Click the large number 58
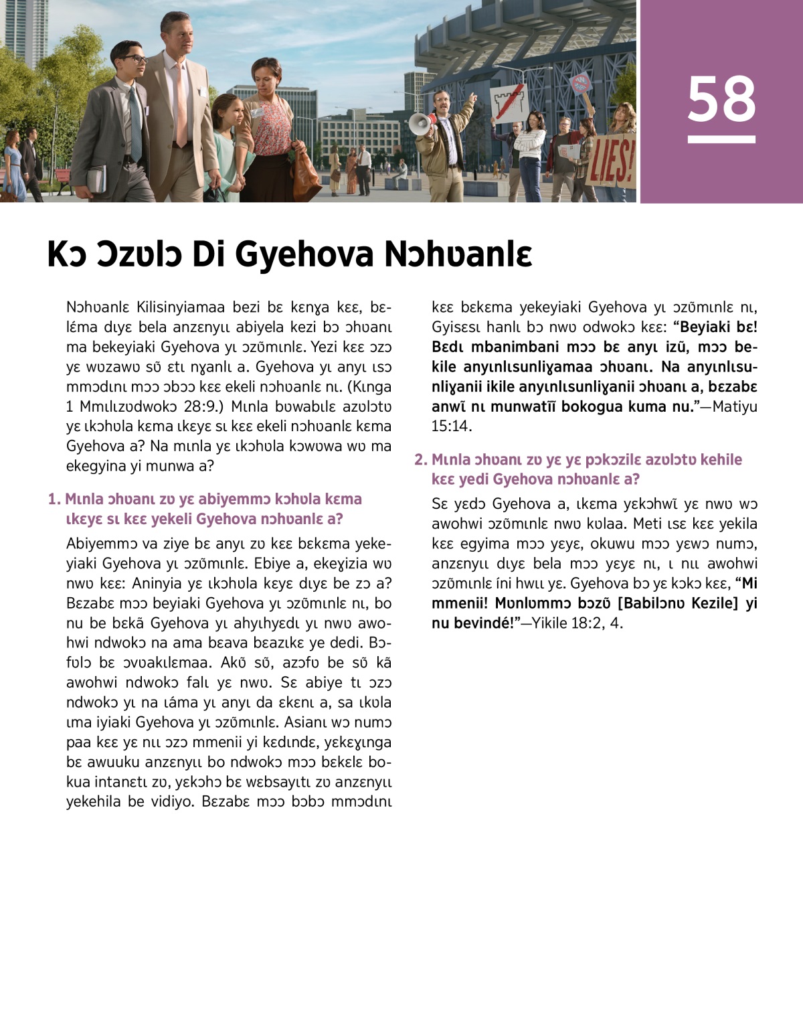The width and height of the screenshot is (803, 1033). point(721,99)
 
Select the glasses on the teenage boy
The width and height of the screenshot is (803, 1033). point(133,60)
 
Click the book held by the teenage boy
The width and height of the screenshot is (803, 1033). point(96,178)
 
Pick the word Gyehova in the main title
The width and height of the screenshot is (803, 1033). point(304,254)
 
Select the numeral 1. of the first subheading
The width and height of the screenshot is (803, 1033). point(54,499)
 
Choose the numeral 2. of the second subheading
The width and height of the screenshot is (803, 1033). point(420,459)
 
